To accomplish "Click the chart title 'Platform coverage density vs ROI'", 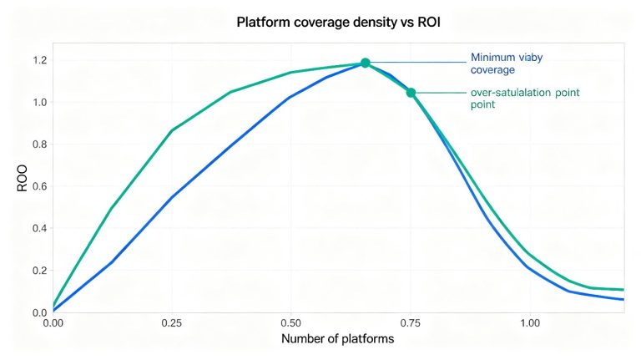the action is click(339, 22).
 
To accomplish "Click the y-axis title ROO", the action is click(22, 179).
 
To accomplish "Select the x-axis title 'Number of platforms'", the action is click(338, 339).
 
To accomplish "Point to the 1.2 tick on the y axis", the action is click(40, 60).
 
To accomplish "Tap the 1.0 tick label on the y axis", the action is click(40, 102).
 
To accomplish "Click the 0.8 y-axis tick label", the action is click(40, 145).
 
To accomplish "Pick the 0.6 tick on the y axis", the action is click(40, 186).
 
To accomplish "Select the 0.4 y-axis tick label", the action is click(40, 228).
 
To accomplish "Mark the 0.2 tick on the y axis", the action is click(40, 271).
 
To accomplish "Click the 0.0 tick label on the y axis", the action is click(40, 312).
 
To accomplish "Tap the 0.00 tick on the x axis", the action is click(53, 323).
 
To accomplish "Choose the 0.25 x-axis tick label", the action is click(172, 323).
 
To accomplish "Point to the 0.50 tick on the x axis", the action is click(290, 323).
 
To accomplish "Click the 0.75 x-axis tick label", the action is click(410, 323).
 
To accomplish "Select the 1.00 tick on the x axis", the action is click(530, 323).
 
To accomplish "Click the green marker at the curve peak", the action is click(366, 63).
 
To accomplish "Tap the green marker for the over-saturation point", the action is click(411, 93).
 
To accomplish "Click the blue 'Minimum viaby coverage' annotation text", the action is click(507, 63).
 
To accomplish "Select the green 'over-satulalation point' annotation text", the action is click(525, 99).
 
